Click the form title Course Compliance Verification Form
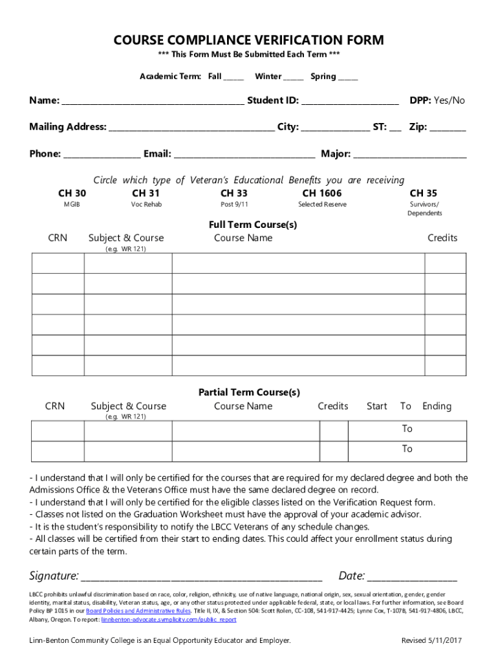pyautogui.click(x=248, y=40)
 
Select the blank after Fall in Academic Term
pyautogui.click(x=233, y=77)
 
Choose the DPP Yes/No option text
pyautogui.click(x=449, y=100)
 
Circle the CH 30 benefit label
pyautogui.click(x=72, y=193)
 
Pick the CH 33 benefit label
pyautogui.click(x=233, y=193)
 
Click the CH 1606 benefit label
pyautogui.click(x=321, y=193)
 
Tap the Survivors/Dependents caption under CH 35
pyautogui.click(x=424, y=208)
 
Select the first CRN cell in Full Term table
pyautogui.click(x=58, y=264)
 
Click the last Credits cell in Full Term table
pyautogui.click(x=444, y=365)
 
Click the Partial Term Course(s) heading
pyautogui.click(x=248, y=392)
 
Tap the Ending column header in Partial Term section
pyautogui.click(x=437, y=406)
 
